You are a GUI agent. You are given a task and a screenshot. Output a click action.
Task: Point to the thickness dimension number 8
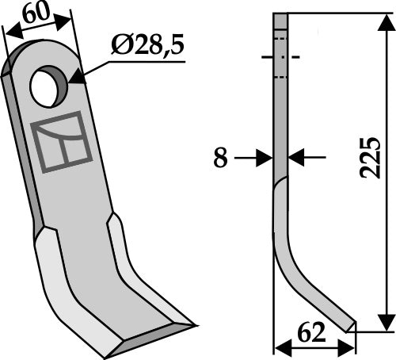[x=221, y=159]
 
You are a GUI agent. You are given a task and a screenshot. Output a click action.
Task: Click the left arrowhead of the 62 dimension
[x=279, y=346]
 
